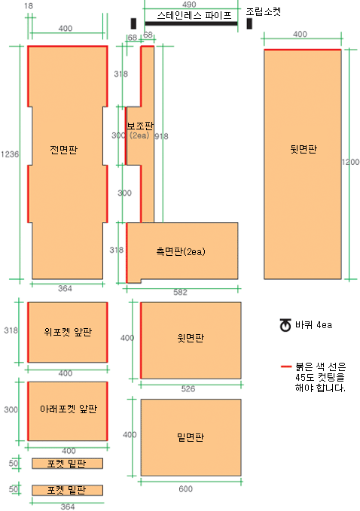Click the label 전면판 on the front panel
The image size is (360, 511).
point(63,150)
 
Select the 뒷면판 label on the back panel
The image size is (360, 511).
point(304,149)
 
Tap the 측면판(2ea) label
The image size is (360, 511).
point(181,251)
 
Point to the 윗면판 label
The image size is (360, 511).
point(191,338)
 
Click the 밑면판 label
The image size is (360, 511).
point(191,436)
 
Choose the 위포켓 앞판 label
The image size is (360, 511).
point(68,332)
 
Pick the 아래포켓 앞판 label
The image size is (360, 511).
point(69,409)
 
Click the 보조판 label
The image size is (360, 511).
point(140,126)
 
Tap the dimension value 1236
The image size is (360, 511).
point(10,154)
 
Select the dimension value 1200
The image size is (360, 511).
point(350,162)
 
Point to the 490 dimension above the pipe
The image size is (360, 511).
point(189,5)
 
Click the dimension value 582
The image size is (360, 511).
point(180,292)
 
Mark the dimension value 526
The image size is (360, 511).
point(188,388)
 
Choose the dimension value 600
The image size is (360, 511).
point(185,489)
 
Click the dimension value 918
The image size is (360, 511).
point(161,136)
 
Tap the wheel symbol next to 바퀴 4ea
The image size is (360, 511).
point(285,325)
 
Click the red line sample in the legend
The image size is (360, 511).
point(286,367)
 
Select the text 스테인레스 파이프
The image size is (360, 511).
point(194,15)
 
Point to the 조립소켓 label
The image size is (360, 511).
point(263,12)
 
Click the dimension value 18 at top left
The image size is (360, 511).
point(29,6)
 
